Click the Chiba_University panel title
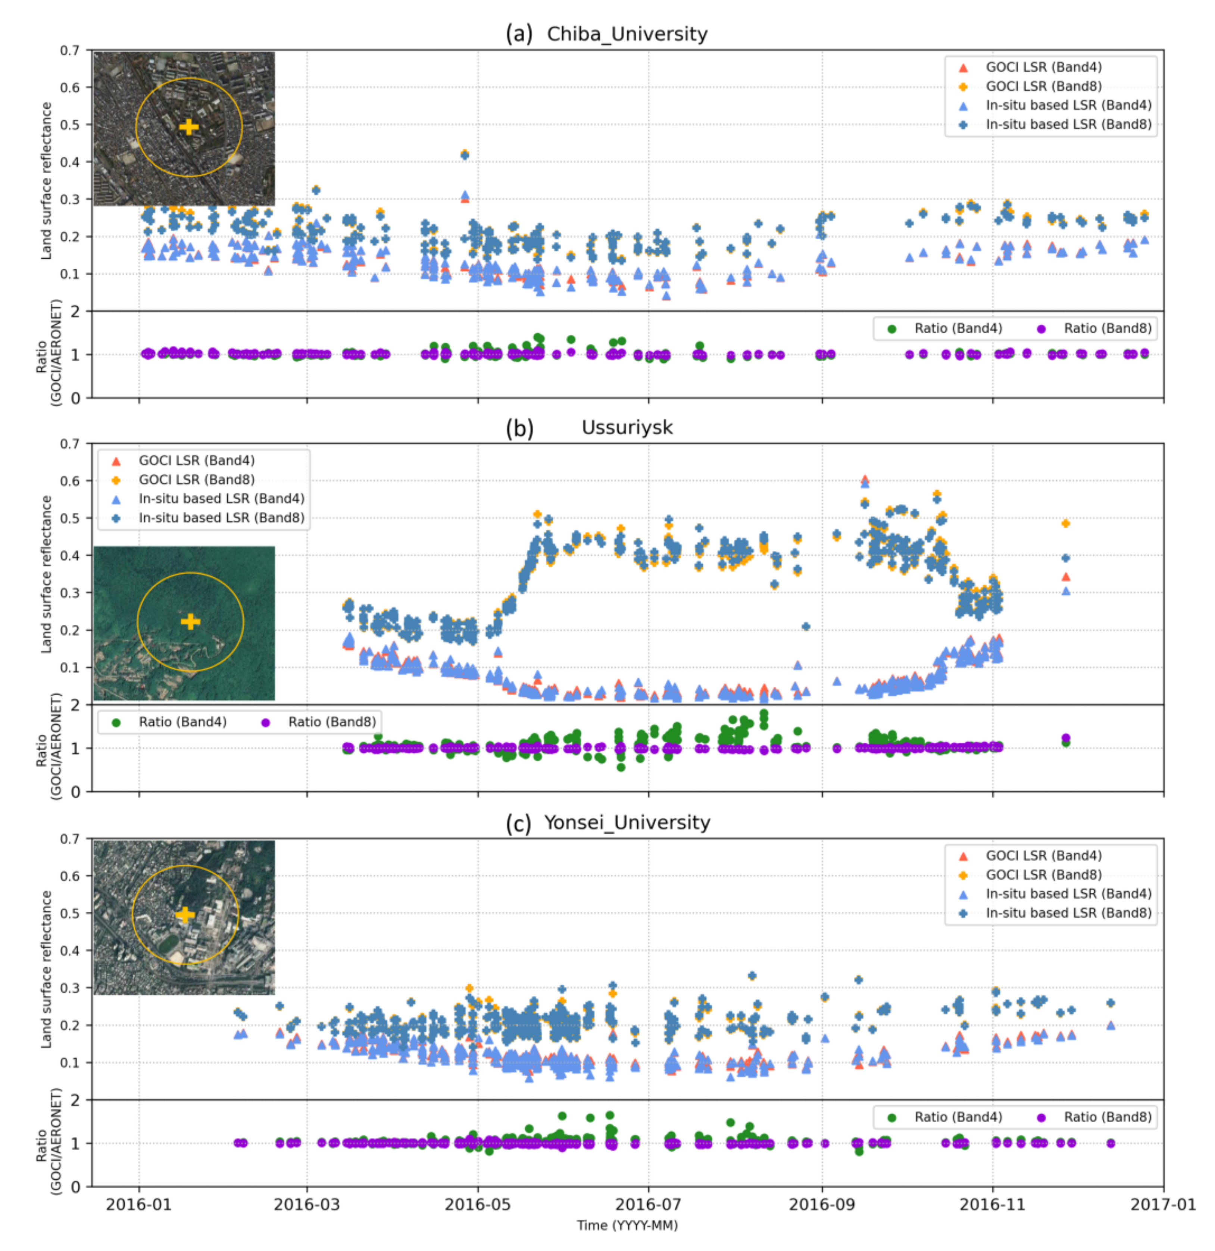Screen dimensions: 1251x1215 [627, 34]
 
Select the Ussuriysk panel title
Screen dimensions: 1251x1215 [627, 428]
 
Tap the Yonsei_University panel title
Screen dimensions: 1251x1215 [627, 823]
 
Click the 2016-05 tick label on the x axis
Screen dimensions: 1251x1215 [477, 1204]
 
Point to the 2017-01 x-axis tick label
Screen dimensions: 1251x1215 [1163, 1204]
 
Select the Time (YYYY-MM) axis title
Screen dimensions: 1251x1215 [627, 1226]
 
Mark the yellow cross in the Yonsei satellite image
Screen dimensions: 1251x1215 [185, 915]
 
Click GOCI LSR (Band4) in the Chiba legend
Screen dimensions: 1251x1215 [1043, 67]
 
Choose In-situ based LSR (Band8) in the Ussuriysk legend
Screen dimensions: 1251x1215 [221, 518]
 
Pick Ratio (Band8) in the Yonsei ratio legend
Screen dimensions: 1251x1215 [1107, 1117]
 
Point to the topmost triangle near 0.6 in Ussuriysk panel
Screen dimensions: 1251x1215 [865, 479]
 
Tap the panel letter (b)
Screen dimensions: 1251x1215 [519, 428]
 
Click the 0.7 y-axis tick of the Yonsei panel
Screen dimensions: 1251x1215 [70, 839]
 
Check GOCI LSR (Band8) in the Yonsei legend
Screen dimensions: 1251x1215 [1043, 874]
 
